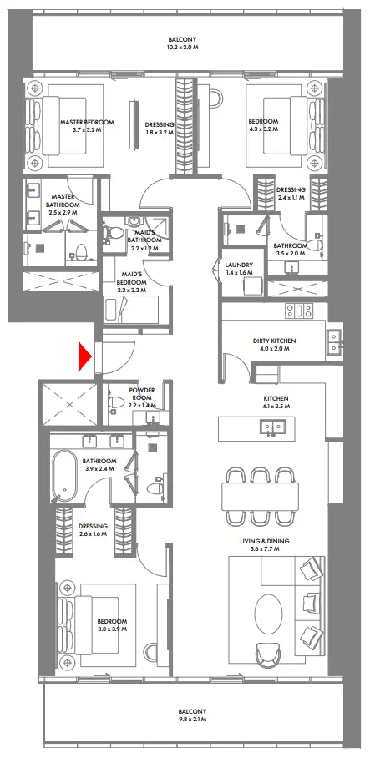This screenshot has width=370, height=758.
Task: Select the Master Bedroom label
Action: coord(87,126)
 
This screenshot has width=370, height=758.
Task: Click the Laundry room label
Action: coord(238,268)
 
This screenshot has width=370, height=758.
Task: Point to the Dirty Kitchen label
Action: coord(275,345)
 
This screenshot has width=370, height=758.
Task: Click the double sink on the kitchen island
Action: coord(272,427)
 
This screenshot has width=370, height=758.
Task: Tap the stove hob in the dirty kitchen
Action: coord(299,311)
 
